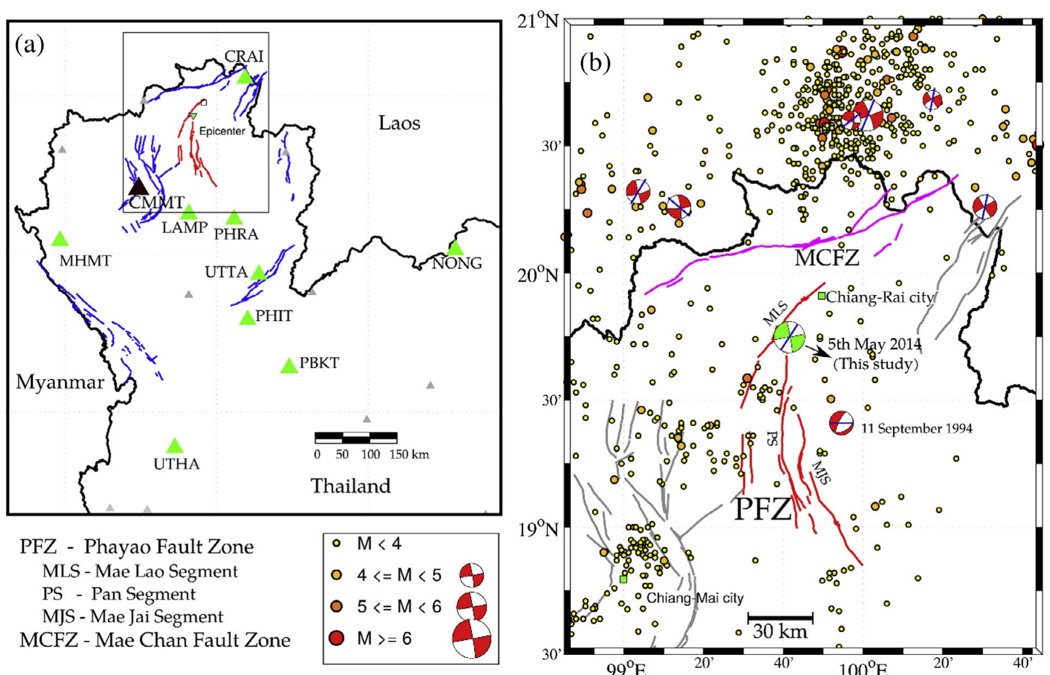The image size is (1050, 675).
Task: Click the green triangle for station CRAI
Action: click(245, 77)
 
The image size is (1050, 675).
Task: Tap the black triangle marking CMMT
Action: click(138, 187)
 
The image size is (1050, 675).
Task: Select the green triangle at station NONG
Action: click(455, 248)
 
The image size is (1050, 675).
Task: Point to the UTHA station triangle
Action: click(174, 446)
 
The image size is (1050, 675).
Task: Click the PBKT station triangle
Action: click(289, 366)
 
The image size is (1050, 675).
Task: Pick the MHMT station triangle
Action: click(60, 239)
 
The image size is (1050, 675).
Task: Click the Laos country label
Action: click(400, 123)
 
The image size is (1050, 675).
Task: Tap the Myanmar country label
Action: click(60, 382)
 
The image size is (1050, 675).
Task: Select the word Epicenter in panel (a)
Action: click(222, 131)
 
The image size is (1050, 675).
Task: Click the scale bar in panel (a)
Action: click(356, 437)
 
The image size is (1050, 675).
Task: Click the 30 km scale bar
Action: click(780, 617)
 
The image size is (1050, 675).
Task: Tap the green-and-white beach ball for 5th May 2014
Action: click(789, 337)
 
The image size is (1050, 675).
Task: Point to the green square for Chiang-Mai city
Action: click(623, 579)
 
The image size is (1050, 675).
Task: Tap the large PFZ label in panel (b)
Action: click(763, 510)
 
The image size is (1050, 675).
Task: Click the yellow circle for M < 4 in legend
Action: click(337, 543)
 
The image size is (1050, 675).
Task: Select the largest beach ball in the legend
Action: click(471, 639)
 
